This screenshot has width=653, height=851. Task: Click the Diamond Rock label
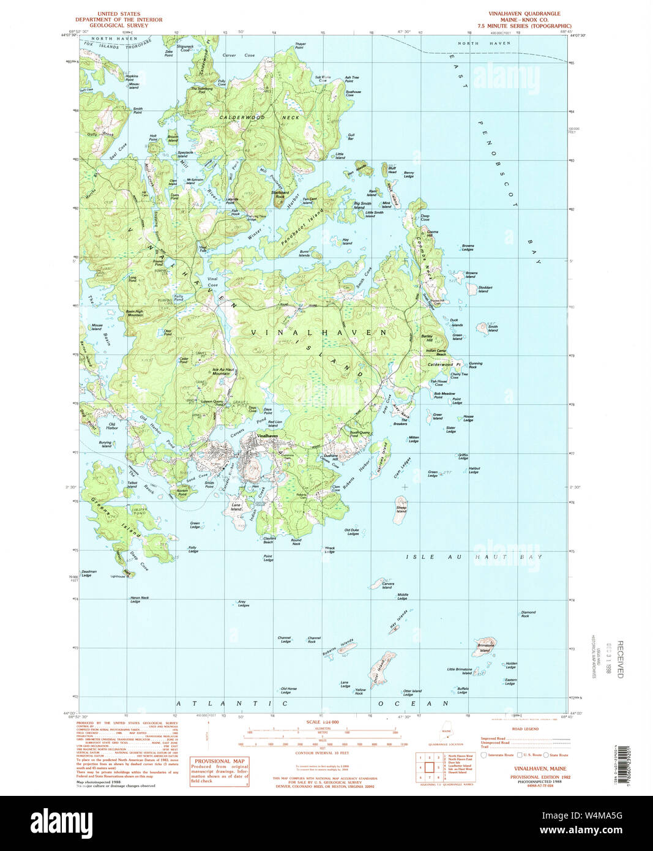tap(528, 613)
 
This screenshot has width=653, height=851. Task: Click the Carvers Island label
tap(388, 585)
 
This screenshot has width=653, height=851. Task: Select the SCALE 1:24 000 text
tap(323, 722)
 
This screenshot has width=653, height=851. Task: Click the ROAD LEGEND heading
tap(525, 729)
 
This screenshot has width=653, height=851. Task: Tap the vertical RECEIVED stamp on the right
tap(619, 659)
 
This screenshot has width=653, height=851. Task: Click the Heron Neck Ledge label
tap(139, 599)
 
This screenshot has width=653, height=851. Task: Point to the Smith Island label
tap(493, 329)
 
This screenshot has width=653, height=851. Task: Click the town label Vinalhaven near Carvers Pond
tap(267, 435)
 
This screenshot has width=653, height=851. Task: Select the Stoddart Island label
tap(485, 289)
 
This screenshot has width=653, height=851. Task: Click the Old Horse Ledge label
tap(288, 691)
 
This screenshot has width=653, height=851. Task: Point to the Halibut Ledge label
tap(474, 470)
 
